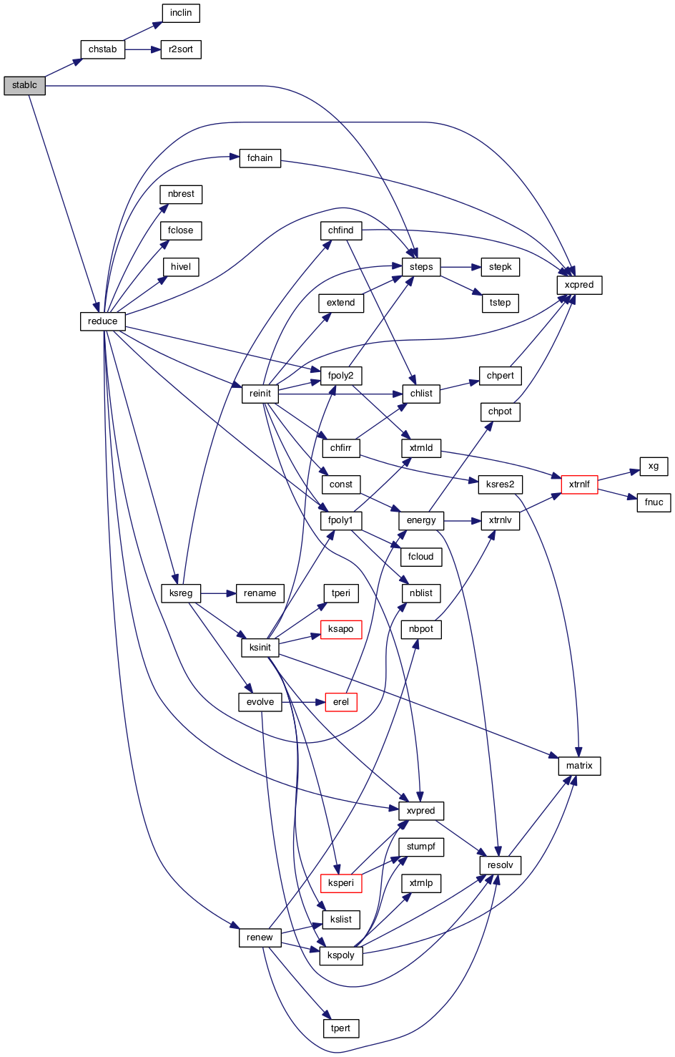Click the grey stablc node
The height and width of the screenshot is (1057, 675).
24,85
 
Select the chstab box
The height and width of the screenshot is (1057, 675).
102,49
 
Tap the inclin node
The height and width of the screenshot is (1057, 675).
181,13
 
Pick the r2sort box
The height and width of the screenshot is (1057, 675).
181,49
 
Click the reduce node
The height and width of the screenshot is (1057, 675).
102,321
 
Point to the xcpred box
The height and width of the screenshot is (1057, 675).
578,285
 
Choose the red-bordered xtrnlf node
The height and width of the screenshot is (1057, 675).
578,484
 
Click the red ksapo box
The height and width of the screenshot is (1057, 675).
340,629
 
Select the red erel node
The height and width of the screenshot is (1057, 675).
340,702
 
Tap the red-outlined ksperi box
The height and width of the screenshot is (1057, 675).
340,883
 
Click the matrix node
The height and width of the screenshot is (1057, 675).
578,766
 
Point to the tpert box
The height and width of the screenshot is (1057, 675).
340,1028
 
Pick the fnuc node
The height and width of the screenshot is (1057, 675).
654,502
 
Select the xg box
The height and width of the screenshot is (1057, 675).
654,466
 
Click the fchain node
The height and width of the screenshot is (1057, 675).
260,158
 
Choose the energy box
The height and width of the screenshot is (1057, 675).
420,520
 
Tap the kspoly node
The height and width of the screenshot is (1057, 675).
340,955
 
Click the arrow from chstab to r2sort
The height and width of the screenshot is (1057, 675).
142,49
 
